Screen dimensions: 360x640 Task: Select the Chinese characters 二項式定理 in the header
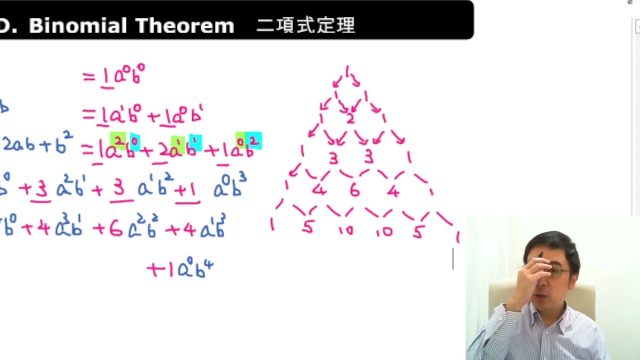(305, 25)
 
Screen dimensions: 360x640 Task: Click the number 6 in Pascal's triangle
(354, 190)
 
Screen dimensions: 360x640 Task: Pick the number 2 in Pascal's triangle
(350, 118)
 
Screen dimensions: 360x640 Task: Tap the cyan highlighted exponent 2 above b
(254, 141)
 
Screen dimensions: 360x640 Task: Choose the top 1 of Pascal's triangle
(347, 70)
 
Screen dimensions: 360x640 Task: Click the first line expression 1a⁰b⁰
(122, 76)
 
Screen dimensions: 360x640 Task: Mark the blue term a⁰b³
(230, 188)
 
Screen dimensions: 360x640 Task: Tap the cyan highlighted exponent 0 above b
(135, 141)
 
